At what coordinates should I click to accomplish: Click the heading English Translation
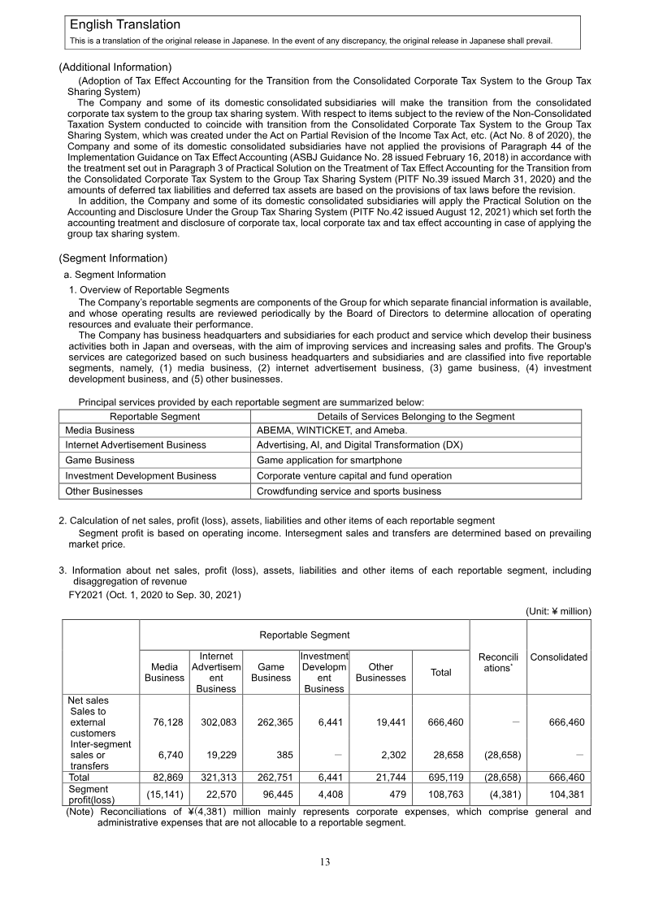click(124, 25)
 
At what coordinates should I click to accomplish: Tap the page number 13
click(325, 862)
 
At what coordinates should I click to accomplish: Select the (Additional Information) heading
click(115, 67)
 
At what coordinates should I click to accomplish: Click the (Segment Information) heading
click(113, 258)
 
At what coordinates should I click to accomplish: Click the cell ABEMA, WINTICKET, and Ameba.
click(331, 431)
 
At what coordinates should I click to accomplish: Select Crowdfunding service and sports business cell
click(349, 491)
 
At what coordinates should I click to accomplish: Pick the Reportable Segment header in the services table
click(154, 416)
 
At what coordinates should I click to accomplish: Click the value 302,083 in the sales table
click(215, 722)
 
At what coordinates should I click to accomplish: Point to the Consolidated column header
click(559, 657)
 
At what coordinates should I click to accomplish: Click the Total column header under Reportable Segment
click(440, 672)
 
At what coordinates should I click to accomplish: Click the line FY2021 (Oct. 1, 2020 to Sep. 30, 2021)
click(154, 595)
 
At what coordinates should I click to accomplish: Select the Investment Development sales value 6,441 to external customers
click(324, 722)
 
